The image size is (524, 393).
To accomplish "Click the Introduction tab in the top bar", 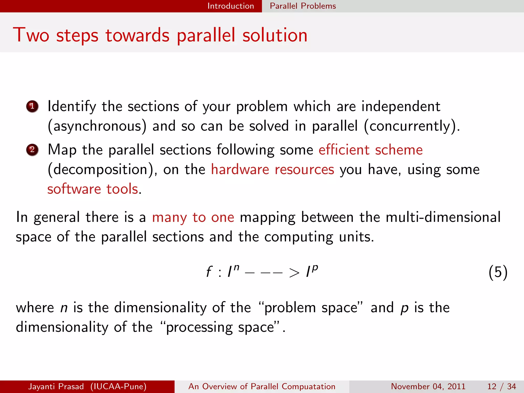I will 231,6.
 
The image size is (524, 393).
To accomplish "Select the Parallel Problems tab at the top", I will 303,6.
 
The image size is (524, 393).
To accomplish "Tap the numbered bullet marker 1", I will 32,106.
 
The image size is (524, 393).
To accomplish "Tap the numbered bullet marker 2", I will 32,150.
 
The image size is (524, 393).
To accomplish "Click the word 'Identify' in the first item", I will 72,106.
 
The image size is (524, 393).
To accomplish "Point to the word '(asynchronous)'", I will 97,126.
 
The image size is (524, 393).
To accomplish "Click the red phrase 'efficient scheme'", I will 370,150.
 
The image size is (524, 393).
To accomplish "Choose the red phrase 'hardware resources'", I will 272,170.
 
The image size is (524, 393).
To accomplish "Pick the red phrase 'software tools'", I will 93,189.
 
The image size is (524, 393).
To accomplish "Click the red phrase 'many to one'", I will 193,217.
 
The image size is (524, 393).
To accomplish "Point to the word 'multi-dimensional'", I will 443,217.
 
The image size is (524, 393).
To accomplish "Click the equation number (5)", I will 498,272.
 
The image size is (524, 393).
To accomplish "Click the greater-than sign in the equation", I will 294,273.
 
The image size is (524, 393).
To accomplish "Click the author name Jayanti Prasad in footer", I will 56,386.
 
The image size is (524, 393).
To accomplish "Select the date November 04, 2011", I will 428,386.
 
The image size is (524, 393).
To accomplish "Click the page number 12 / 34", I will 501,386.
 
